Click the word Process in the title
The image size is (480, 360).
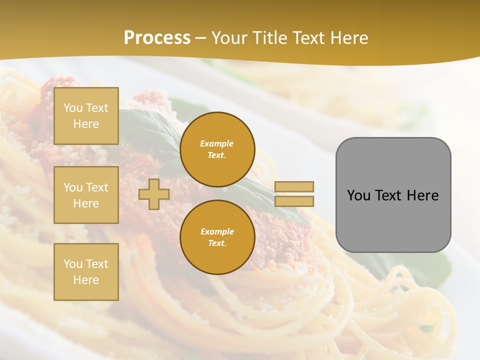[157, 38]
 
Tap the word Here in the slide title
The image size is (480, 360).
[346, 38]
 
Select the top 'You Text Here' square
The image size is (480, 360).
[86, 116]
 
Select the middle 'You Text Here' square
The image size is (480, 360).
[86, 195]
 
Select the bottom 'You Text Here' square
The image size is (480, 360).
[86, 272]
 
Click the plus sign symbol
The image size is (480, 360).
[154, 194]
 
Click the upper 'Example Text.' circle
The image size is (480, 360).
[217, 149]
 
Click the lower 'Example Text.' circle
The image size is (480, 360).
[217, 237]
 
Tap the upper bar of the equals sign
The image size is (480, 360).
[294, 186]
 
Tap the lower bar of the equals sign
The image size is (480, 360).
[294, 201]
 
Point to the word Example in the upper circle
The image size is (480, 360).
[217, 143]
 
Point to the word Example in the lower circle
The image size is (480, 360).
[217, 231]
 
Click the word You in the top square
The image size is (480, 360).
[73, 108]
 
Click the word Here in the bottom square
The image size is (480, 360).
[86, 280]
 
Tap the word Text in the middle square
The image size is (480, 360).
[97, 187]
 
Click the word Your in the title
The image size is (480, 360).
[229, 38]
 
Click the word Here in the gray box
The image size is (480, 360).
[422, 195]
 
